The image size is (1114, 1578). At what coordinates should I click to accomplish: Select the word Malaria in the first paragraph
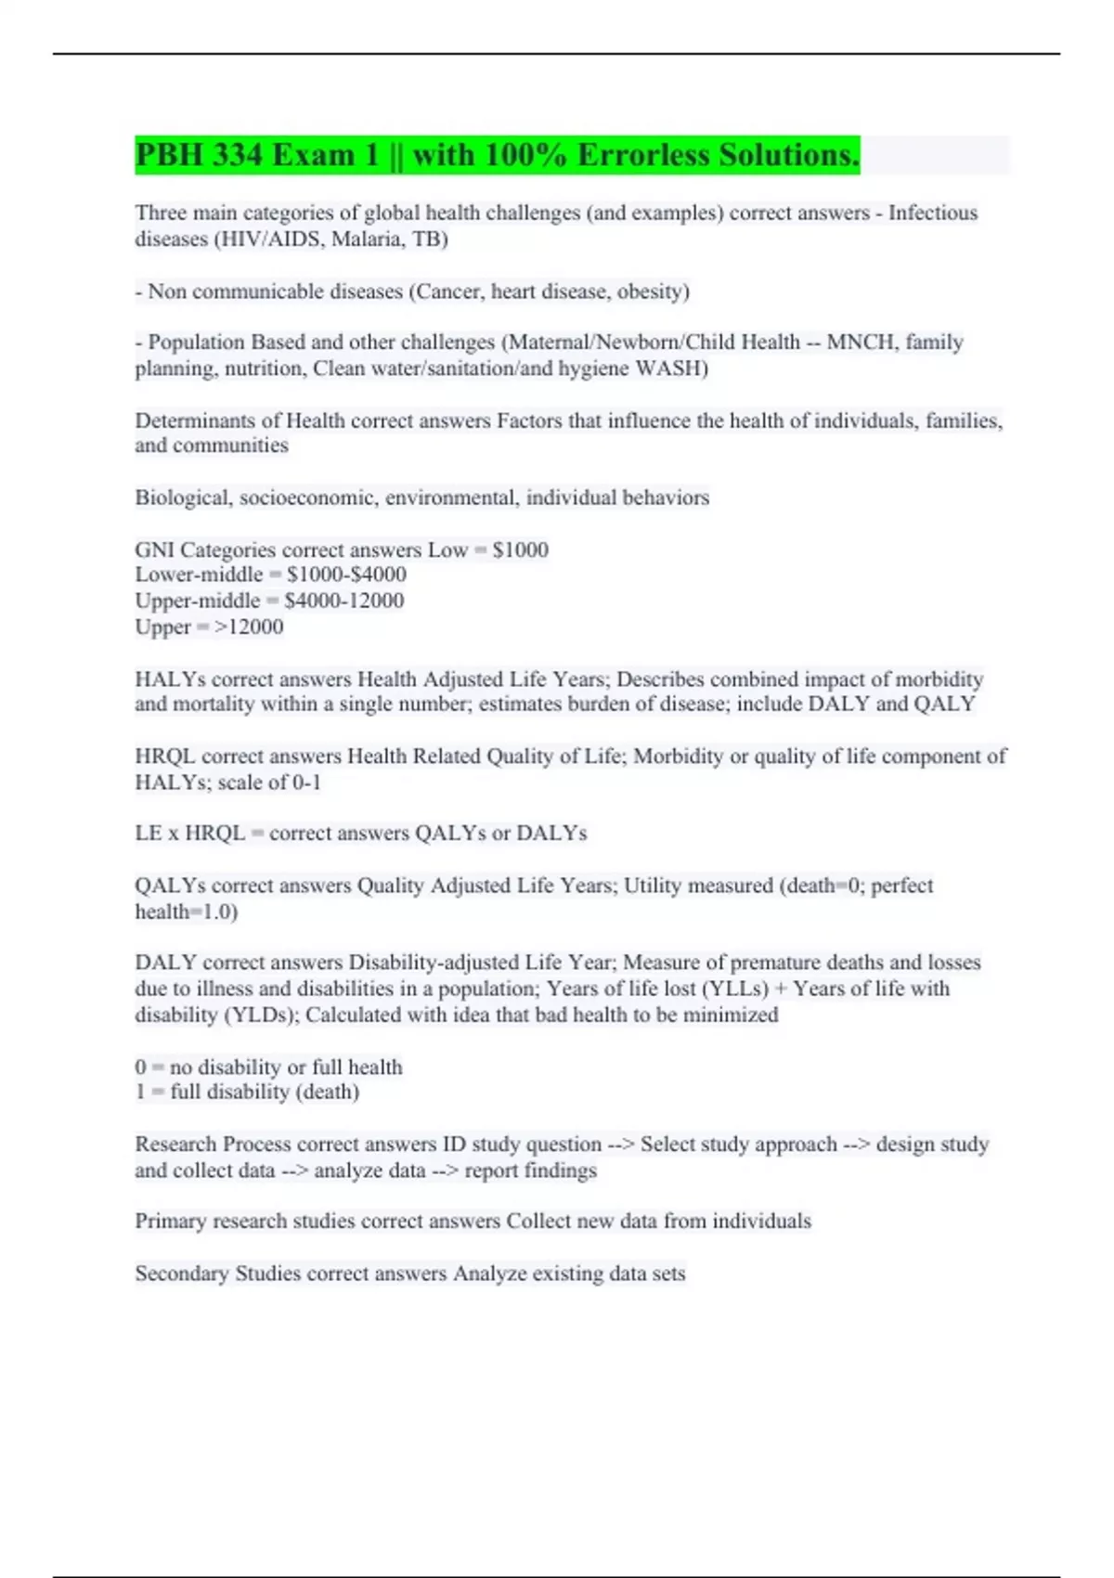click(369, 239)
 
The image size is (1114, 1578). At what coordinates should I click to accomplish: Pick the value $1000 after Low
click(521, 550)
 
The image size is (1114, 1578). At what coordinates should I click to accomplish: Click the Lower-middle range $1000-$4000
click(346, 575)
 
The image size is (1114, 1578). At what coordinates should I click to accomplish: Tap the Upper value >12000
click(249, 627)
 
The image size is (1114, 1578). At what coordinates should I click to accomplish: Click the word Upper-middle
click(198, 601)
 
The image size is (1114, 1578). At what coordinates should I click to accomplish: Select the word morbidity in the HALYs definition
click(939, 679)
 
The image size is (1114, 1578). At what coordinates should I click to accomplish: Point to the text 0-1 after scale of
click(306, 783)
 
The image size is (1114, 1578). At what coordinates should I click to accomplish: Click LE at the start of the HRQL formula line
click(149, 834)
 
